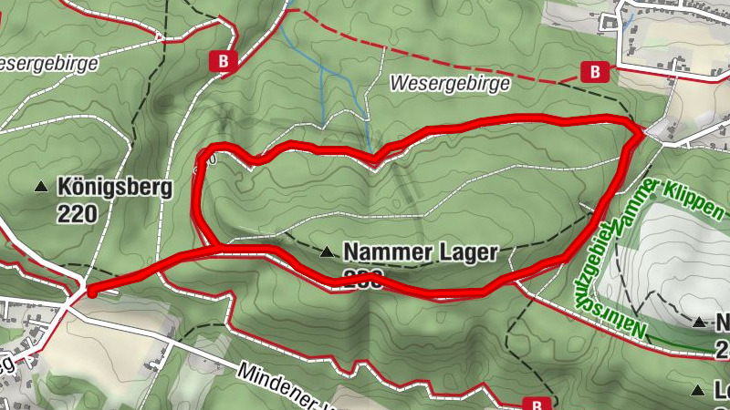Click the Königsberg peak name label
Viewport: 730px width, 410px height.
pos(114,188)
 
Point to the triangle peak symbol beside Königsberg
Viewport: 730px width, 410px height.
pos(41,188)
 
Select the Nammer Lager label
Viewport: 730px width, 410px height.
pos(420,251)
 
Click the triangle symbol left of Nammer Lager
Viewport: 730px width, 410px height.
pos(327,251)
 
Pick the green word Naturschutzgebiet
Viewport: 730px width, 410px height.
pos(607,273)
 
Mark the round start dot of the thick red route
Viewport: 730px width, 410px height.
pos(91,292)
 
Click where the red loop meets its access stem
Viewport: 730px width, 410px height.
pos(216,247)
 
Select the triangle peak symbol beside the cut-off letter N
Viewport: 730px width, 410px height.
pos(699,322)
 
